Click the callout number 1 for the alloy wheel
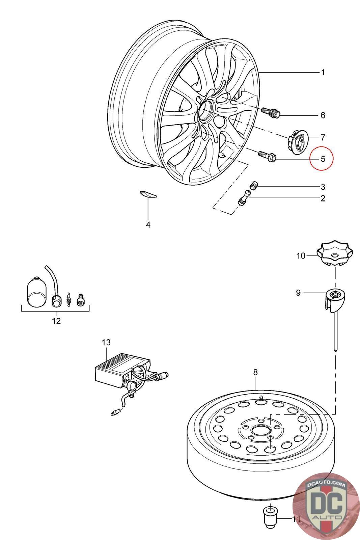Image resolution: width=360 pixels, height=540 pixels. point(323,72)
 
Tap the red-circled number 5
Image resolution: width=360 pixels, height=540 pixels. point(323,159)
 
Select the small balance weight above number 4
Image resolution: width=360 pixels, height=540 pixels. point(148,194)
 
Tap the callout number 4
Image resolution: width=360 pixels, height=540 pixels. point(148,225)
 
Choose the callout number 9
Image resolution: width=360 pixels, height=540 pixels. point(298,292)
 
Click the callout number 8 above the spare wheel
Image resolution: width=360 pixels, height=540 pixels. point(255,372)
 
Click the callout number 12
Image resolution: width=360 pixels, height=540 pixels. point(56,321)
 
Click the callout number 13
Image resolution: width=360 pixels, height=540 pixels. point(106,343)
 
